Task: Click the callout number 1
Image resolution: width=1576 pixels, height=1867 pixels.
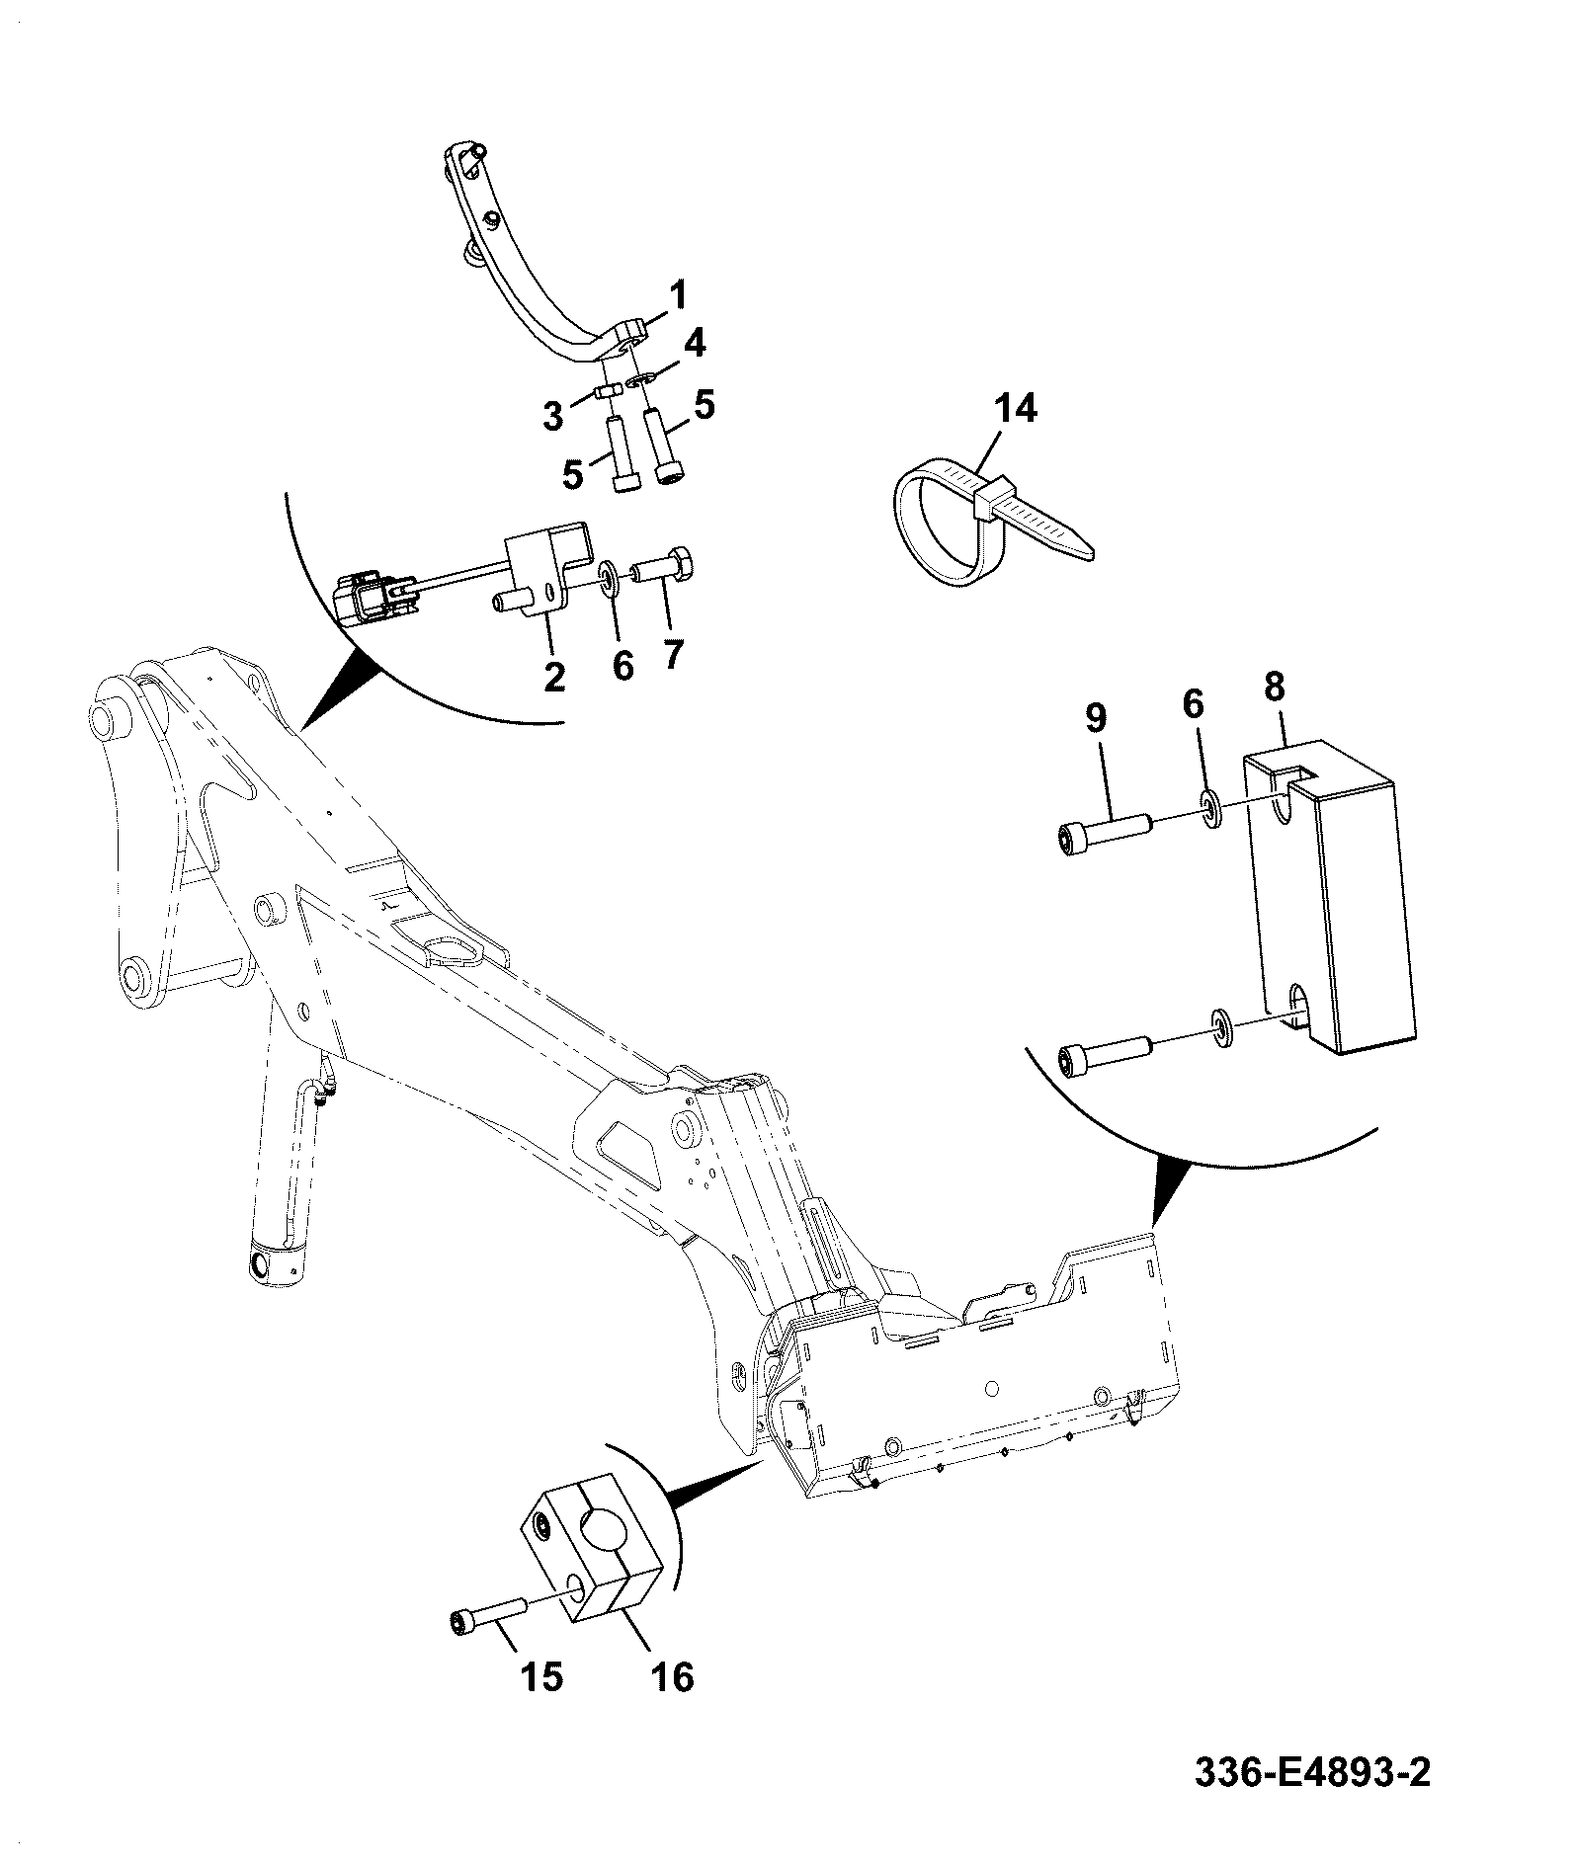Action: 679,295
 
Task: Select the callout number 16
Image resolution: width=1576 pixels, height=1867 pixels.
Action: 673,1676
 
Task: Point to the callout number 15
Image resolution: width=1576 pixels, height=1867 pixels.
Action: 540,1676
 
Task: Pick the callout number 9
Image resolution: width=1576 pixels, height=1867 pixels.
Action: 1096,718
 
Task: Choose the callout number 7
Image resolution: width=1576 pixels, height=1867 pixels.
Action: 674,654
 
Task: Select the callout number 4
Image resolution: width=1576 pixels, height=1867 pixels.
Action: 696,344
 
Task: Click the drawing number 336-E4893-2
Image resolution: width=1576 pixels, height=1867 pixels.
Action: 1313,1800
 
